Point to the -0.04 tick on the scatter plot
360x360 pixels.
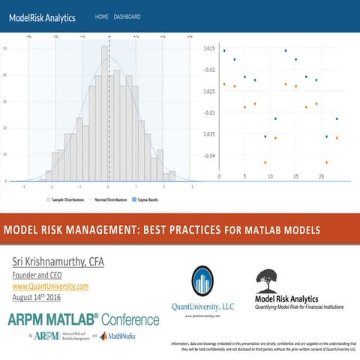209,156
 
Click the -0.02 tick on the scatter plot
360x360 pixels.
209,70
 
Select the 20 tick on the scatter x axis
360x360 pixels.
321,177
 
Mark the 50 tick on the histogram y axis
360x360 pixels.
6,49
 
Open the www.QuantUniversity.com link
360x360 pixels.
50,286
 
